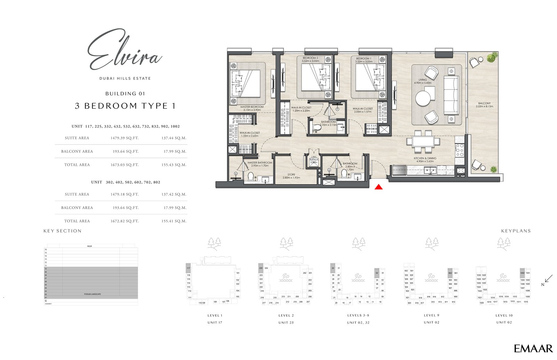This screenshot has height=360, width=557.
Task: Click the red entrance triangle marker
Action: [379, 187]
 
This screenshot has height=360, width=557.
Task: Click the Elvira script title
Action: [124, 51]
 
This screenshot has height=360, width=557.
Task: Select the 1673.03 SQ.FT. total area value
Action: [124, 165]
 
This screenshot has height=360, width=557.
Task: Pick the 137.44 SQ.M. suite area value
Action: [174, 138]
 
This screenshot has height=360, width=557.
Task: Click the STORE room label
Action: [291, 174]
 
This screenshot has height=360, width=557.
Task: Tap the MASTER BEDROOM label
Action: [252, 107]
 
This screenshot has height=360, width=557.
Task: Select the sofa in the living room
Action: [451, 95]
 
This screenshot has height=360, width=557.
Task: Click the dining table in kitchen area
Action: [423, 142]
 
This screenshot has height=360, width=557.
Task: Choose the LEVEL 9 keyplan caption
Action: [431, 315]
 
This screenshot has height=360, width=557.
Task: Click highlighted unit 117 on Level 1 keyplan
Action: [188, 268]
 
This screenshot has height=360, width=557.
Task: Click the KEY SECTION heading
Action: [62, 231]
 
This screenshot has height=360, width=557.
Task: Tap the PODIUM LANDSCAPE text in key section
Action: [92, 294]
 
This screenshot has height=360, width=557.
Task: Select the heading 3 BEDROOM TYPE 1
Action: [125, 106]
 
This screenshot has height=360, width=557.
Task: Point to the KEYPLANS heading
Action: [516, 231]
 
